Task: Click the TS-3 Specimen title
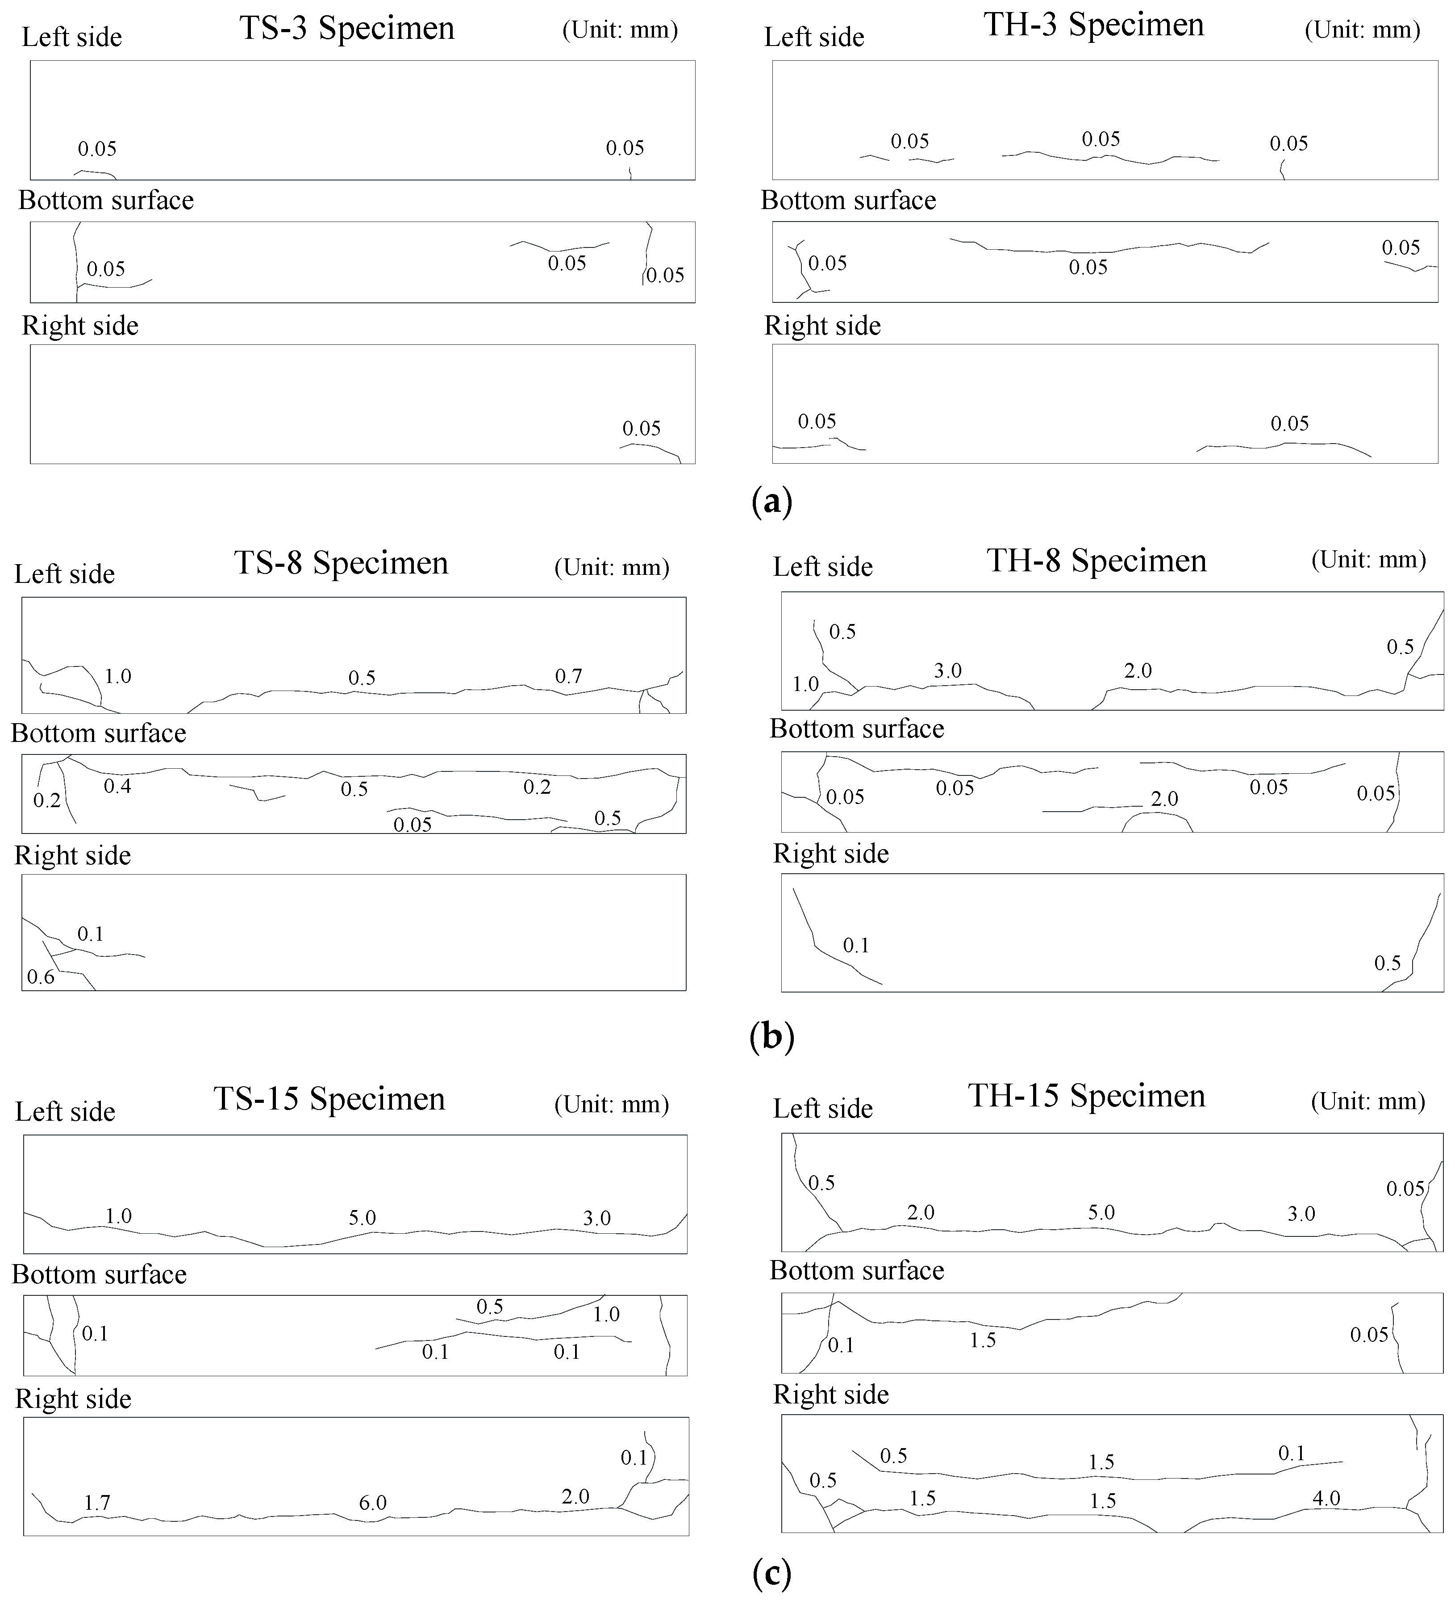pyautogui.click(x=347, y=29)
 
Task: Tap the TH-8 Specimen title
pyautogui.click(x=1096, y=560)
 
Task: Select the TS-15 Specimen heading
pyautogui.click(x=329, y=1098)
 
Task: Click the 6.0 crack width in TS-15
pyautogui.click(x=372, y=1502)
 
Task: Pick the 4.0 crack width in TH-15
pyautogui.click(x=1326, y=1498)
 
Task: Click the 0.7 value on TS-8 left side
pyautogui.click(x=568, y=676)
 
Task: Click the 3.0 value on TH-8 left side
pyautogui.click(x=947, y=670)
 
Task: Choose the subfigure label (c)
pyautogui.click(x=771, y=1573)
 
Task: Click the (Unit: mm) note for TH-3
pyautogui.click(x=1362, y=30)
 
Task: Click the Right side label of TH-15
pyautogui.click(x=831, y=1395)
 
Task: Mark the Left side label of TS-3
pyautogui.click(x=71, y=38)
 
